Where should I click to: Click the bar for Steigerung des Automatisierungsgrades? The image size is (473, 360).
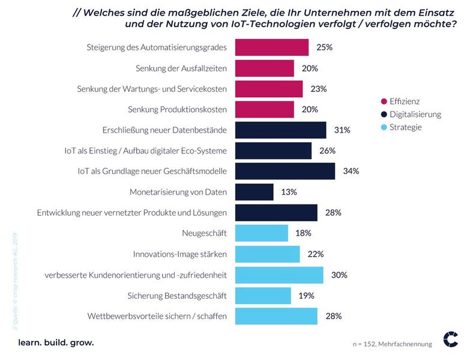click(271, 47)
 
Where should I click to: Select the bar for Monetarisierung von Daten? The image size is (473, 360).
click(254, 192)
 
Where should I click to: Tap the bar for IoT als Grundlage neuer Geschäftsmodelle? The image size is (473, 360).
click(285, 171)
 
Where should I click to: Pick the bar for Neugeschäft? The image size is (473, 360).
click(261, 233)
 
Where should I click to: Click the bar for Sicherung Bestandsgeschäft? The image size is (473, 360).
click(263, 295)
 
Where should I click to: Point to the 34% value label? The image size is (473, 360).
click(351, 171)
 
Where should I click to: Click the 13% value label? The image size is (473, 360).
click(289, 192)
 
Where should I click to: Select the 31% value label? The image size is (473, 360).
click(342, 130)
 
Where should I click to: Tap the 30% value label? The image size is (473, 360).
click(339, 275)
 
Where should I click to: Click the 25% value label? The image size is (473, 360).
click(324, 47)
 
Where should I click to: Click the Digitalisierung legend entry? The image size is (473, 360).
click(415, 114)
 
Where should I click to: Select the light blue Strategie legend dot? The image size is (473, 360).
click(384, 127)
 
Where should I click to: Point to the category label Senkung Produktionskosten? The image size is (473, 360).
click(177, 109)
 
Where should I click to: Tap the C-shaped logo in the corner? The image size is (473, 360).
click(450, 339)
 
